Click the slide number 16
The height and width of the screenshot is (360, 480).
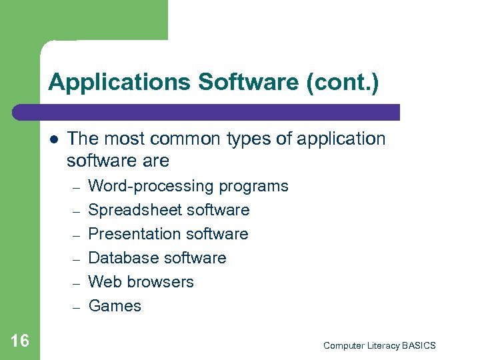[20, 341]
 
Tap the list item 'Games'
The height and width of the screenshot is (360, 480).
[115, 306]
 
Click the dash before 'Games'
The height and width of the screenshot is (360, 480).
[76, 307]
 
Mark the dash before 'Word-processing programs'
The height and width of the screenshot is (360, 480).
[76, 187]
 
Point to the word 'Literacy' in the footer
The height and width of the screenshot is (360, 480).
[381, 345]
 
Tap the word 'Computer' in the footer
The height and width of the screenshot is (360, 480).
[343, 345]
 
